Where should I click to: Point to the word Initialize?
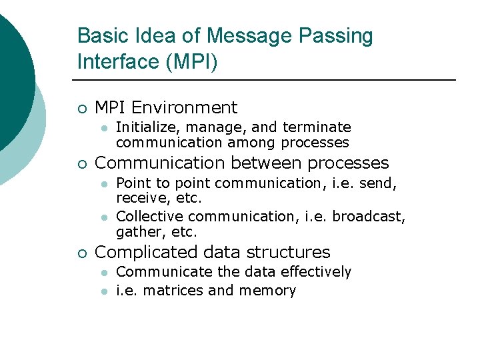pos(141,127)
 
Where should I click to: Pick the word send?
pos(379,183)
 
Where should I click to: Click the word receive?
pos(140,199)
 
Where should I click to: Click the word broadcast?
pos(369,217)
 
